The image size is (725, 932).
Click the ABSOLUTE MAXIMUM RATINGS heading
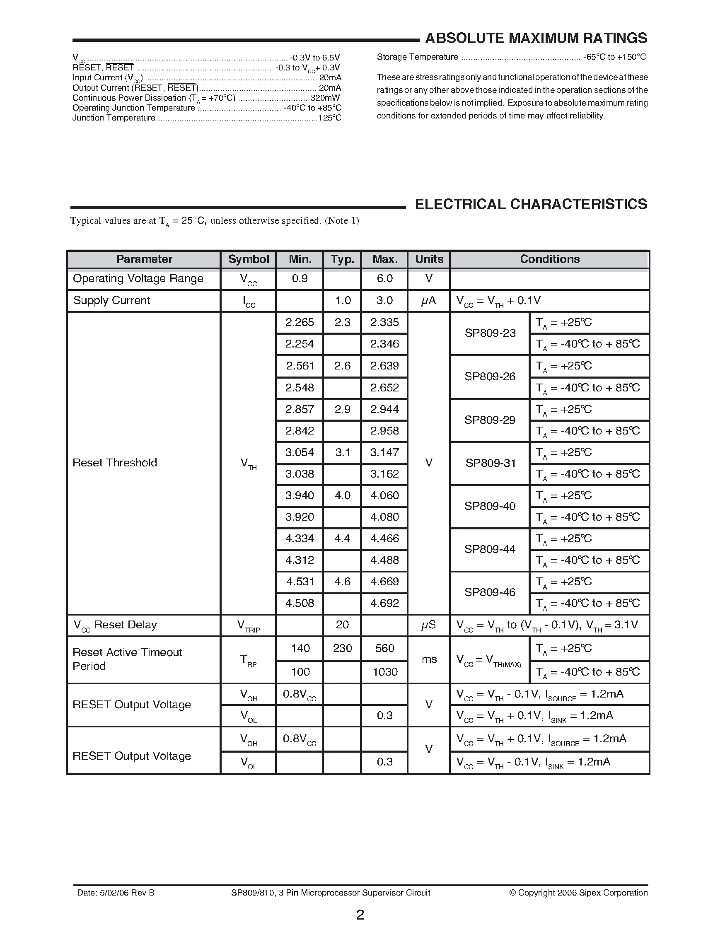(x=536, y=39)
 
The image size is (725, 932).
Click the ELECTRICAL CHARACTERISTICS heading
(x=531, y=204)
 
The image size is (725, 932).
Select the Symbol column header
(x=248, y=259)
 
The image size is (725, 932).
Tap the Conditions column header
(x=550, y=259)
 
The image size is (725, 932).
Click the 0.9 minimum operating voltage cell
(x=300, y=279)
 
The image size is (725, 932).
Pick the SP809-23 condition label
(x=490, y=333)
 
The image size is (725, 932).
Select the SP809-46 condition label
(x=490, y=592)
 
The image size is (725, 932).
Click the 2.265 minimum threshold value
(x=300, y=323)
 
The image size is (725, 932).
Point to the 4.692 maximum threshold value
(x=384, y=604)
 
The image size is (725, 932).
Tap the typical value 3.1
(x=342, y=452)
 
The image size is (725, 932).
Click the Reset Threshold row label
(x=115, y=463)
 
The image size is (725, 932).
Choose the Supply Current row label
(x=112, y=300)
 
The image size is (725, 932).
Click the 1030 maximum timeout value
(x=385, y=672)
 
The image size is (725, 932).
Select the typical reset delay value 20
(x=342, y=625)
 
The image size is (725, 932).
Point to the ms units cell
(x=429, y=659)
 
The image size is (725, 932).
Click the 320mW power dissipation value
(x=325, y=98)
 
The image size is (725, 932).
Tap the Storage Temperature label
(x=417, y=57)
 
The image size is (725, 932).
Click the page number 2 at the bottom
(x=360, y=915)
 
